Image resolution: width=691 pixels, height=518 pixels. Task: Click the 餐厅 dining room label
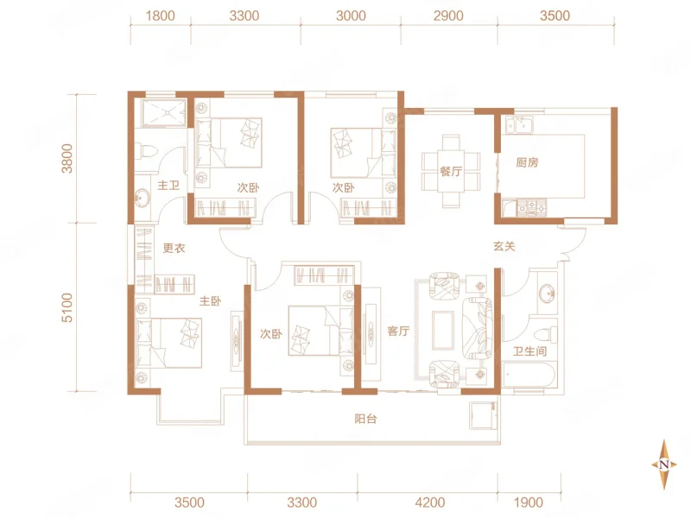click(451, 171)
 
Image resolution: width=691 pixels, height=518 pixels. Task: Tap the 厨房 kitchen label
click(527, 162)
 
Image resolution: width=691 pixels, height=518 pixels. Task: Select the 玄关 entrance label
click(504, 246)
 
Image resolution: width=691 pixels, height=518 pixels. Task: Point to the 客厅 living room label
click(398, 331)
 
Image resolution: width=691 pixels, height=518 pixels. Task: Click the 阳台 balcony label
click(365, 419)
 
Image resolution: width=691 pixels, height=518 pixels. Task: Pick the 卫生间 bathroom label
click(529, 351)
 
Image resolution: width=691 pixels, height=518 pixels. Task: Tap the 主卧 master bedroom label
click(210, 301)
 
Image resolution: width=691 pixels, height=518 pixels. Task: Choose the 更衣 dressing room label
click(174, 249)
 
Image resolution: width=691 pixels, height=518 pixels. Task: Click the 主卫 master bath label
click(168, 186)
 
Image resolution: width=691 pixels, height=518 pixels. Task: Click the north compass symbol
click(664, 464)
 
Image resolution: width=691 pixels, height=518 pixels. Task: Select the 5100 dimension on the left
click(67, 307)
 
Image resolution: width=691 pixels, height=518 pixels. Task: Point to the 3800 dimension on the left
click(67, 158)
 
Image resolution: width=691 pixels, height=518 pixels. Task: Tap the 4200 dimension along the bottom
click(429, 502)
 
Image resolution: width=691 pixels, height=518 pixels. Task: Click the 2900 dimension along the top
click(448, 16)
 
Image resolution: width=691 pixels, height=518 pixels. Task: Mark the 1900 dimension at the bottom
click(529, 502)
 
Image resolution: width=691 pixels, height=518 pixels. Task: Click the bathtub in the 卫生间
click(529, 376)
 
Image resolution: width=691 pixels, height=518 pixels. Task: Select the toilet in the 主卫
click(147, 150)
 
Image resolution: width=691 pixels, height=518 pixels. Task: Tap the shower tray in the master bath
click(164, 113)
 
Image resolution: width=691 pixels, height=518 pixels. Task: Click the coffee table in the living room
click(443, 331)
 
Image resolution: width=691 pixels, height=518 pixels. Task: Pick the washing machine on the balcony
click(484, 415)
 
